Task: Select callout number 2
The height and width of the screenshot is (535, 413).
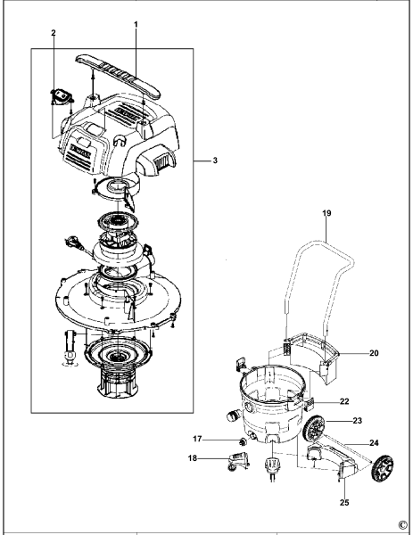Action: point(54,33)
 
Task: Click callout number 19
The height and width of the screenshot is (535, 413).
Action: point(327,214)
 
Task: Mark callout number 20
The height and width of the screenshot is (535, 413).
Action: point(374,353)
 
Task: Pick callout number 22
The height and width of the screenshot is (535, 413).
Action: point(343,402)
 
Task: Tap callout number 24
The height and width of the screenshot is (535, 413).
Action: point(374,442)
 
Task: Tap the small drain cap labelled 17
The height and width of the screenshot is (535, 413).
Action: point(241,441)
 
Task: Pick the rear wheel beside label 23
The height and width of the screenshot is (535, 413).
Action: point(315,429)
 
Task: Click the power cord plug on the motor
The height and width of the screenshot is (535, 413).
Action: point(71,241)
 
